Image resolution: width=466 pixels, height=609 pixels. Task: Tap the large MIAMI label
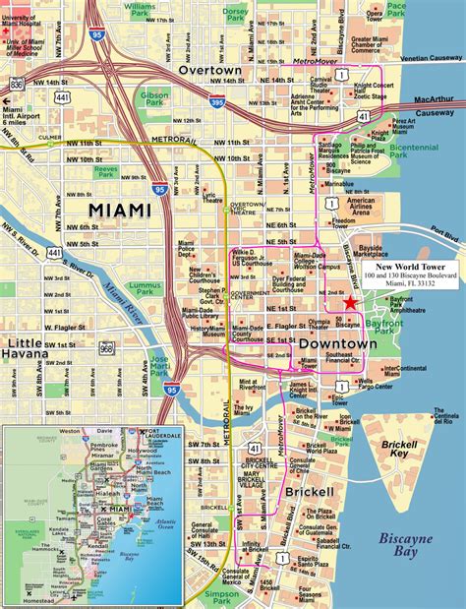[x=119, y=211]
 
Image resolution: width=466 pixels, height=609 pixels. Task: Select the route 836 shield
[x=16, y=86]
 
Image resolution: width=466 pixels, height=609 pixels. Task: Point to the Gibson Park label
[x=155, y=100]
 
